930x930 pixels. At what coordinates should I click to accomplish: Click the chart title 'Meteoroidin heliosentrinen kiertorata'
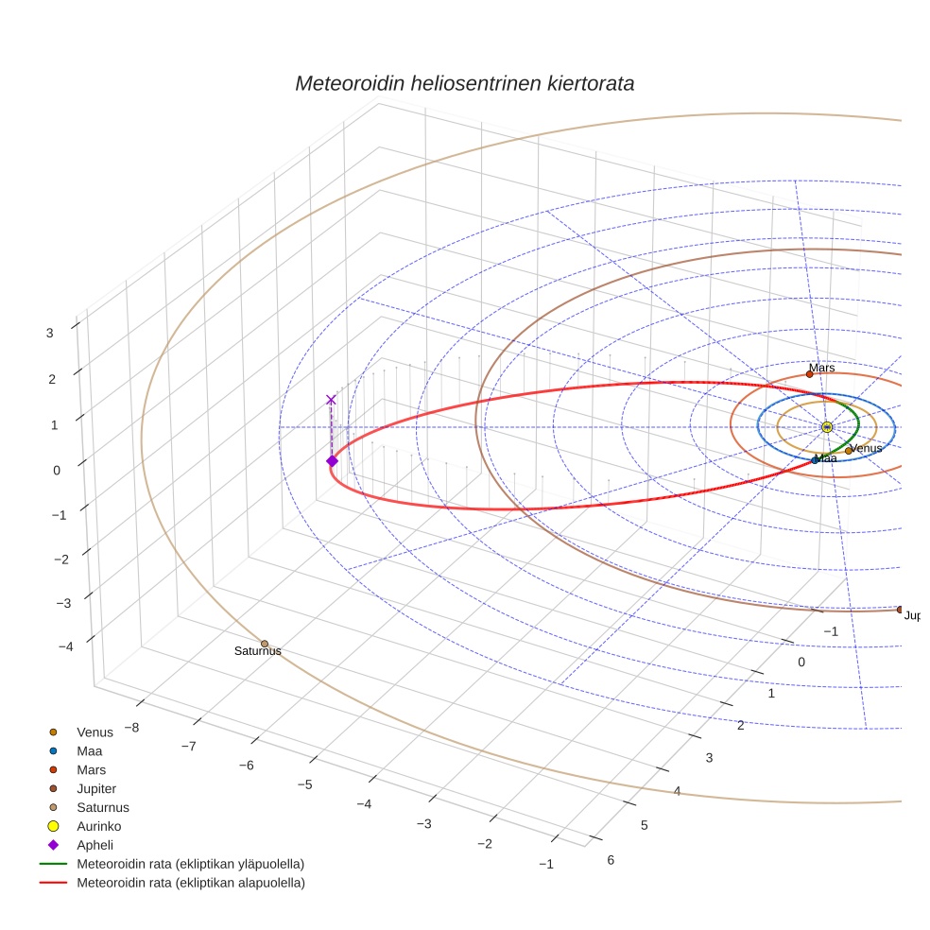point(464,83)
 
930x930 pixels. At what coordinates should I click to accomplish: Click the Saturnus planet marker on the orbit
point(265,644)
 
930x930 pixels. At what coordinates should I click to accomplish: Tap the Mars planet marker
point(809,374)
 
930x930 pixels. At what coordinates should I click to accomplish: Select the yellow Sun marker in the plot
point(827,427)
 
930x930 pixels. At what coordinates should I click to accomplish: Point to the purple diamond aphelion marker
point(332,460)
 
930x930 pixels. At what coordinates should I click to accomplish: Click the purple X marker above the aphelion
point(331,400)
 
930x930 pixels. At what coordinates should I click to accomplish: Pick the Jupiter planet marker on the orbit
point(900,610)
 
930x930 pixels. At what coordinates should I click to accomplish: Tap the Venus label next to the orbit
point(866,448)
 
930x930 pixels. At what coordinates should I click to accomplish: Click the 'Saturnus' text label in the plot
point(257,651)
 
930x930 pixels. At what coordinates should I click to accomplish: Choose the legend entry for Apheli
point(95,845)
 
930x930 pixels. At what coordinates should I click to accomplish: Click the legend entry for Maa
point(90,750)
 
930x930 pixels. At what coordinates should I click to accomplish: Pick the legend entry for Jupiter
point(96,788)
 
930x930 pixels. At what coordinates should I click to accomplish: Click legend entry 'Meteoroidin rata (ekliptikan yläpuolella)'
point(190,864)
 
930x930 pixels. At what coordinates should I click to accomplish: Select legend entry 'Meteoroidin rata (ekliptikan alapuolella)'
point(190,883)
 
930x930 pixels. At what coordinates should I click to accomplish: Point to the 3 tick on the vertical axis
point(49,332)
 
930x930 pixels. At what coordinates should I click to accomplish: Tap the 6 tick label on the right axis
point(611,859)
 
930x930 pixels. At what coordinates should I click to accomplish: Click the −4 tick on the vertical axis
point(65,646)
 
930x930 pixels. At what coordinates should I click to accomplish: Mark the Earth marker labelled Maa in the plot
point(815,460)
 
